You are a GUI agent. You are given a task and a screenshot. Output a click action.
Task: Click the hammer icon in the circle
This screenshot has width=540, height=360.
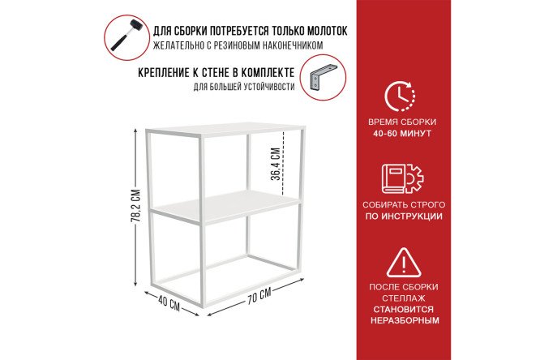[x=126, y=35]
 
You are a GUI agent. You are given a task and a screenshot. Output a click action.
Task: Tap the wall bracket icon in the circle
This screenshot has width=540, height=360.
[x=323, y=77]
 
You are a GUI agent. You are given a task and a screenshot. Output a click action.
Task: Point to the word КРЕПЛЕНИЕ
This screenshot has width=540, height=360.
[x=163, y=73]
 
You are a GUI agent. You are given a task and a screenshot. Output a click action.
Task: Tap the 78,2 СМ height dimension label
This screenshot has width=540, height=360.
[x=136, y=206]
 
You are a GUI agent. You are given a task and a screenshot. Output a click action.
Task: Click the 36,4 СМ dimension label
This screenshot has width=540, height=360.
[x=276, y=164]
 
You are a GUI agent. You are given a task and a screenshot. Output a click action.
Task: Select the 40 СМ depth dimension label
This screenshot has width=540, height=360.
[x=169, y=302]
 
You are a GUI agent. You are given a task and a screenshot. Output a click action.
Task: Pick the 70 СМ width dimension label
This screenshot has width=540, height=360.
[x=259, y=296]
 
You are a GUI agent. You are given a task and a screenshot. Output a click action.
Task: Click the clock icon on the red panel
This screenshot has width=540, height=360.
[x=400, y=96]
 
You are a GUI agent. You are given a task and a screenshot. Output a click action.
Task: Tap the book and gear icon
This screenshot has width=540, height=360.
[x=402, y=178]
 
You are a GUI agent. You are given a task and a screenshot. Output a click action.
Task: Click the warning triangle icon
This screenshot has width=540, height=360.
[x=404, y=262]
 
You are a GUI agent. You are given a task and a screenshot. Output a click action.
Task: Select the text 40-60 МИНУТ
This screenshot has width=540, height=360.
[x=402, y=133]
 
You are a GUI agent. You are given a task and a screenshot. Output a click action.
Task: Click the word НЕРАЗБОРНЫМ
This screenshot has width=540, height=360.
[x=405, y=320]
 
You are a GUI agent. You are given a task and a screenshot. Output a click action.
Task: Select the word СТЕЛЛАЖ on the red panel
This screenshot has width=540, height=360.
[x=404, y=298]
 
